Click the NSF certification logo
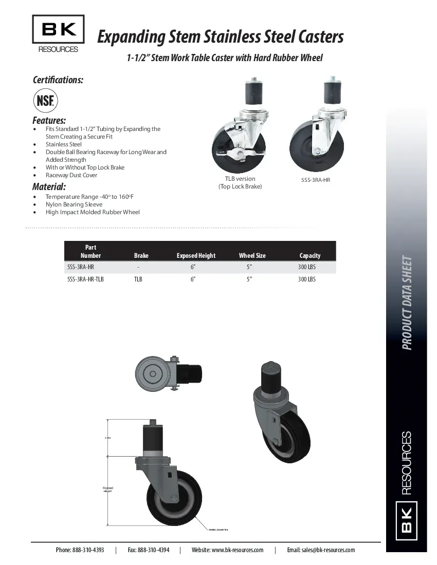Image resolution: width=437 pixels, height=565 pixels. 45,100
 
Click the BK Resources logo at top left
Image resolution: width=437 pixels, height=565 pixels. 58,34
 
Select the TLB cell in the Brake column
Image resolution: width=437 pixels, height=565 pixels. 138,279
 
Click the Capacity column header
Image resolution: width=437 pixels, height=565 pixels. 309,255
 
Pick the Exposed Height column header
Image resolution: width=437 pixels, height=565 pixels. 196,255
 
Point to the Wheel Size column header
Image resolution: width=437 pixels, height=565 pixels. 252,255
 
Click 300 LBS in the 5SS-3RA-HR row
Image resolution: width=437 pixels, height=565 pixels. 307,267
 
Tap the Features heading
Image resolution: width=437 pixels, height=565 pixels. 49,120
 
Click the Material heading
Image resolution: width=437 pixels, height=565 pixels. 49,186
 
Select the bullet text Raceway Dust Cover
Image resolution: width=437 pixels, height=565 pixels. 71,175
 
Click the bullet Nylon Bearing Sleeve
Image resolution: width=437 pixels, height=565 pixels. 74,204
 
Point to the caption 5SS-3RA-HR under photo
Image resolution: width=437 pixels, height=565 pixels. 315,181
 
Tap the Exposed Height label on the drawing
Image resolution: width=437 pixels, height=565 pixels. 107,489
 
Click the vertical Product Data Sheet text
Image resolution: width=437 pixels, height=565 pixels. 407,303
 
